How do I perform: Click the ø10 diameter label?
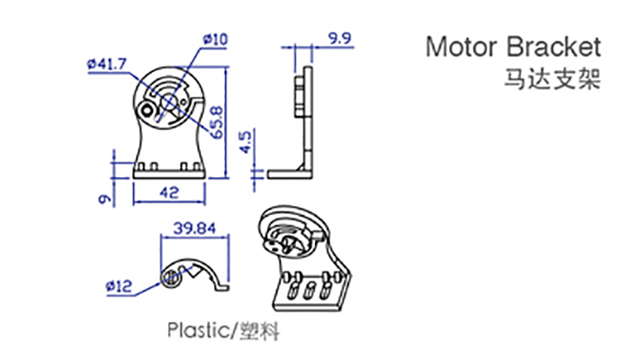tap(215, 40)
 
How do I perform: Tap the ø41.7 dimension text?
tap(107, 64)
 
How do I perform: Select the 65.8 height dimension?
tap(217, 122)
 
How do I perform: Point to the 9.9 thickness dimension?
tap(339, 39)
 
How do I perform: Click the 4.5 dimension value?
tap(246, 141)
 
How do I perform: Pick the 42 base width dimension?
tap(169, 193)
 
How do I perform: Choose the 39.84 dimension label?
tap(194, 229)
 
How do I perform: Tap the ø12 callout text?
tap(119, 286)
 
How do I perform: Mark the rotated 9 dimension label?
tap(105, 199)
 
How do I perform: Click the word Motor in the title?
tap(463, 47)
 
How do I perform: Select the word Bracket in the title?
tap(553, 47)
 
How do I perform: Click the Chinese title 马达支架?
tap(553, 79)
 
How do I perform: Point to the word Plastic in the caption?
tap(198, 330)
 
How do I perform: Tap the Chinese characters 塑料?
tap(259, 331)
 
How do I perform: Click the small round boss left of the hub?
tap(148, 110)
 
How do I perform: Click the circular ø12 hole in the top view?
tap(172, 278)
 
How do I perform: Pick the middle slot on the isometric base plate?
tap(309, 290)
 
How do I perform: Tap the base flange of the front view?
tap(169, 174)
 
